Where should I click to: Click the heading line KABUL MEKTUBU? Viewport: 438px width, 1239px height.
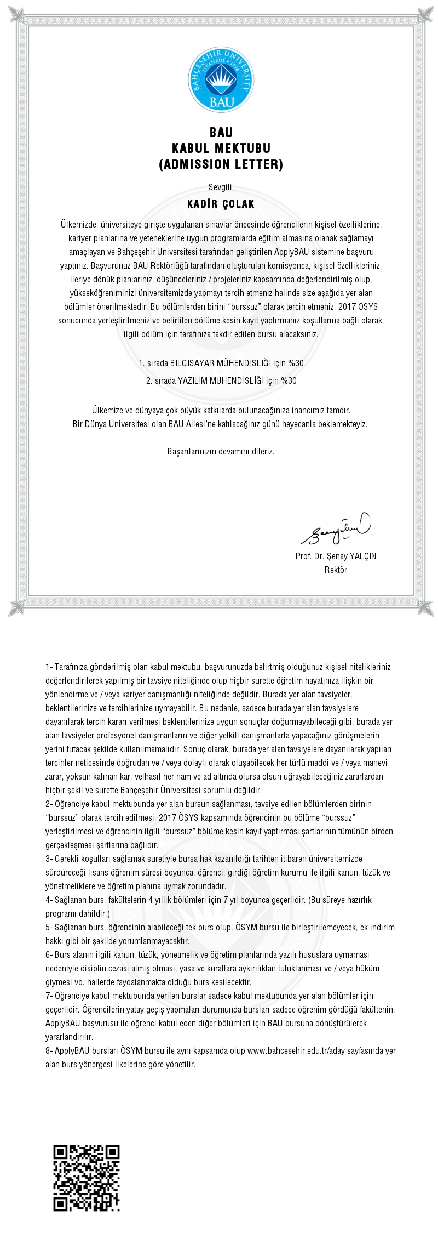point(221,148)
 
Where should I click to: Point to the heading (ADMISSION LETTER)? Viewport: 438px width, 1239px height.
point(221,164)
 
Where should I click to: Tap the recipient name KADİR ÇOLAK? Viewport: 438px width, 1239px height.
point(221,204)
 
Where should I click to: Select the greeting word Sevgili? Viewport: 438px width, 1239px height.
point(221,187)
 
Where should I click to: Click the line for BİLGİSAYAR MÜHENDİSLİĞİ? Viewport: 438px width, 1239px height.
point(221,363)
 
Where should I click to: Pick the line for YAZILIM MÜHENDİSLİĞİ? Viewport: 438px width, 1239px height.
point(221,380)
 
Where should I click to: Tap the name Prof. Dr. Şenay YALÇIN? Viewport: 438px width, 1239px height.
point(336,556)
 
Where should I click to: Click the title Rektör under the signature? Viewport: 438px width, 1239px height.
point(336,570)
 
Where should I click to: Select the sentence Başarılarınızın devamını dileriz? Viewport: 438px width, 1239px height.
point(221,452)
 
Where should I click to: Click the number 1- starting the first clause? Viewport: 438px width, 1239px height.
point(49,667)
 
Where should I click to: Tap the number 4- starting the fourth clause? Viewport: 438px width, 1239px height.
point(49,900)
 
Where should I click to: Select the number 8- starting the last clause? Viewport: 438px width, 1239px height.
point(49,1051)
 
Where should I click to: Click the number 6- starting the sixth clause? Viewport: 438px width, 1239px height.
point(49,955)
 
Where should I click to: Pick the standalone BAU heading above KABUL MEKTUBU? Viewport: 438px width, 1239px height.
point(221,132)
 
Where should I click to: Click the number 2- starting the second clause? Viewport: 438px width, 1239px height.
point(49,804)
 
